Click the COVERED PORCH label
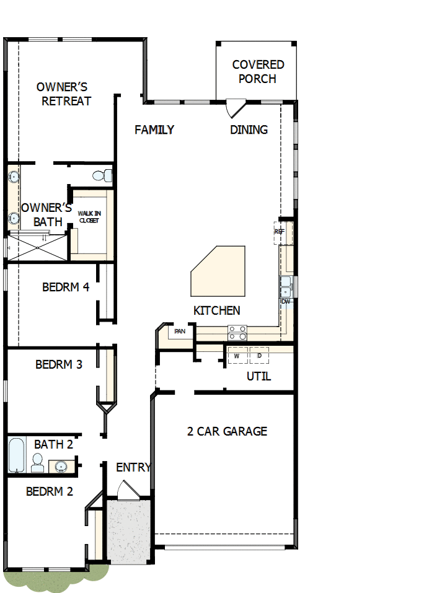pyautogui.click(x=258, y=72)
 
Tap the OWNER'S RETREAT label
pyautogui.click(x=64, y=94)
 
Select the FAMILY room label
pyautogui.click(x=154, y=130)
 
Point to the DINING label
pyautogui.click(x=249, y=130)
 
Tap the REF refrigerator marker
pyautogui.click(x=280, y=232)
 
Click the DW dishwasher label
pyautogui.click(x=286, y=302)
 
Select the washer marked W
pyautogui.click(x=237, y=356)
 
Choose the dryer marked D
pyautogui.click(x=259, y=356)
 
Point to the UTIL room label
pyautogui.click(x=259, y=376)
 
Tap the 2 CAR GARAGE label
pyautogui.click(x=227, y=431)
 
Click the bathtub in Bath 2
pyautogui.click(x=16, y=455)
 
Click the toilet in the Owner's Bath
pyautogui.click(x=102, y=176)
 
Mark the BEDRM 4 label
pyautogui.click(x=66, y=288)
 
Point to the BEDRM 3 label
pyautogui.click(x=59, y=364)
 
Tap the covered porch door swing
pyautogui.click(x=235, y=108)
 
